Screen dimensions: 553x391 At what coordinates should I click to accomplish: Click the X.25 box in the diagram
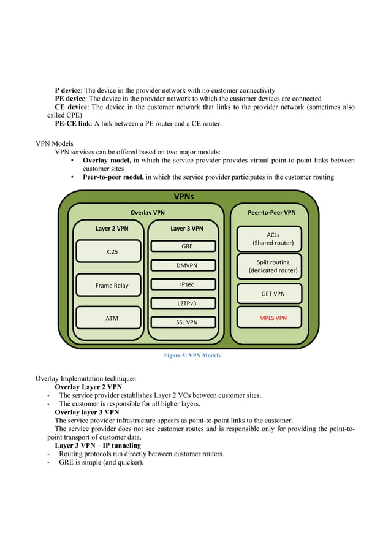click(x=108, y=251)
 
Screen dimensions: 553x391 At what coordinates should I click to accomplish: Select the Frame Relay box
click(x=108, y=285)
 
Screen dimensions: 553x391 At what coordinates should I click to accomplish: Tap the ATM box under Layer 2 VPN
click(x=108, y=318)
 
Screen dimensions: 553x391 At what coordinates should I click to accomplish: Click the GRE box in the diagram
click(x=186, y=246)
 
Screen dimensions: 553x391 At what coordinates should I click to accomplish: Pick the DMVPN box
click(x=186, y=265)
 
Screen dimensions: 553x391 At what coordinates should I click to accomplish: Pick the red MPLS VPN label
click(x=273, y=318)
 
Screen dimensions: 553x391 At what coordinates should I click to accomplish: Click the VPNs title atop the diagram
click(x=184, y=197)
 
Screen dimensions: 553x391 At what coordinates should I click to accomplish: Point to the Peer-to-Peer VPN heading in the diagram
click(x=271, y=212)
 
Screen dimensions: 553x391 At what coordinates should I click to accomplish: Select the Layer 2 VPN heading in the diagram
click(x=112, y=228)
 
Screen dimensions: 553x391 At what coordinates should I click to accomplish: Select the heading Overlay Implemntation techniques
click(x=85, y=379)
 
